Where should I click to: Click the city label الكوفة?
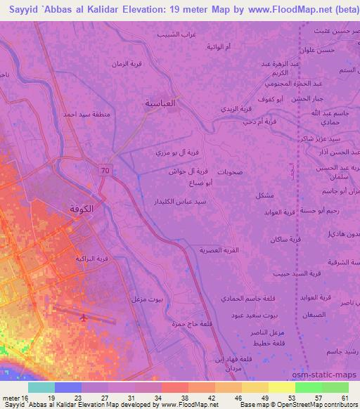click(82, 209)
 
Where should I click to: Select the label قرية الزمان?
click(127, 64)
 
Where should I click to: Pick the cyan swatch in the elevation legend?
click(41, 387)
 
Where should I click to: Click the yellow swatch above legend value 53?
click(281, 387)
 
